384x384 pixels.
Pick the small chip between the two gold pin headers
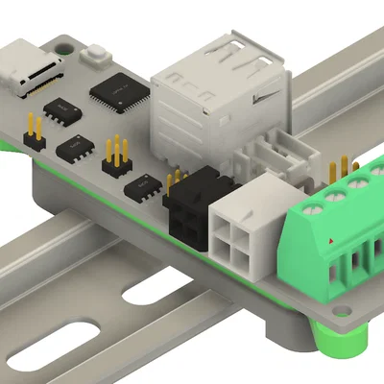76,148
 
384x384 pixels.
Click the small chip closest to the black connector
143,185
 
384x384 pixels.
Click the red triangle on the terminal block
332,239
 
